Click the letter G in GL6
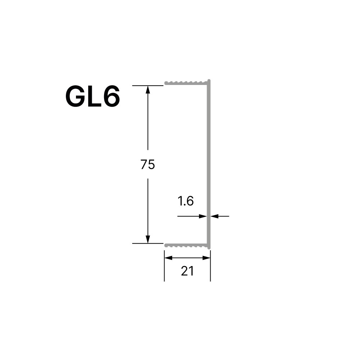[75, 96]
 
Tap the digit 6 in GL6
[112, 96]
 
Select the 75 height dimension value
[148, 165]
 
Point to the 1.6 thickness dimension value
[185, 201]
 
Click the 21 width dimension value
[187, 271]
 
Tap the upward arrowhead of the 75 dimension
[148, 90]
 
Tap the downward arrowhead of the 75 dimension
[148, 239]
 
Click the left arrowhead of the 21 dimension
[168, 258]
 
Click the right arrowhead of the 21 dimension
[206, 258]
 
